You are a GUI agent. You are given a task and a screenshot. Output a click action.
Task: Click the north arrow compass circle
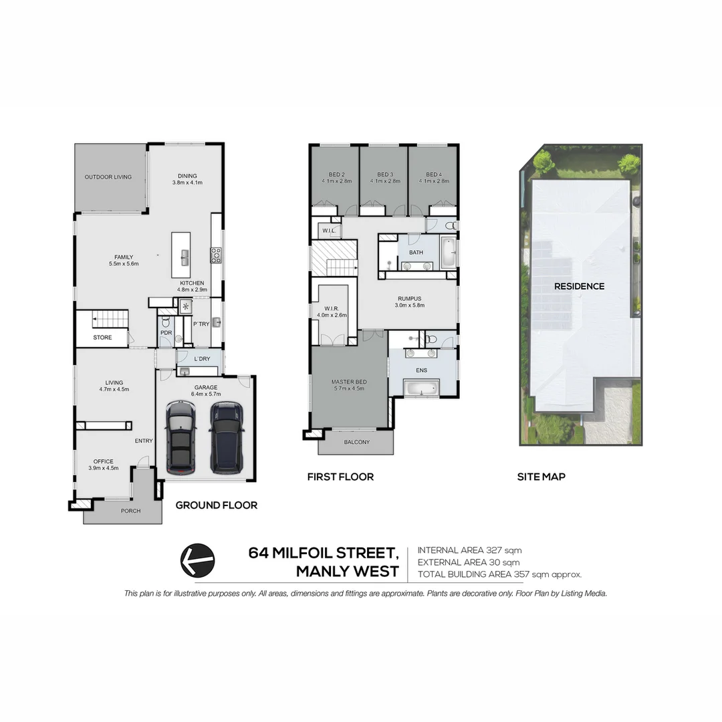click(x=198, y=559)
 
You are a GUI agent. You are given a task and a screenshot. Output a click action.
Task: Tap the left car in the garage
click(x=179, y=435)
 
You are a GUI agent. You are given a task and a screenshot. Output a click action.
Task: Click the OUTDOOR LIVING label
click(x=108, y=177)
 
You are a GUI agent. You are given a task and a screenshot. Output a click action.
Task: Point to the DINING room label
click(x=187, y=176)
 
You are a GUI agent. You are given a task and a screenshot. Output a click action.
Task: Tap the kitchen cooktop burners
click(x=216, y=254)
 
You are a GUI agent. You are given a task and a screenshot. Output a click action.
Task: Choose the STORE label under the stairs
click(x=102, y=338)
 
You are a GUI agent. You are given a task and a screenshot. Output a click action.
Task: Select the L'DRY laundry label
click(x=201, y=359)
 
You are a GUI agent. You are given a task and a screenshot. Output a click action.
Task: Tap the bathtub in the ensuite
click(x=420, y=387)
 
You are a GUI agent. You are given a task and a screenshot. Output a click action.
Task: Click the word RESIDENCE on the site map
click(x=579, y=286)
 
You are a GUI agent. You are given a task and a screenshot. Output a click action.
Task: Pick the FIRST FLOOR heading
click(x=340, y=477)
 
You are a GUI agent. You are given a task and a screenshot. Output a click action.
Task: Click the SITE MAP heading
click(x=541, y=477)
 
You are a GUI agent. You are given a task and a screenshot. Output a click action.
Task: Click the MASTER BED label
click(x=348, y=382)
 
